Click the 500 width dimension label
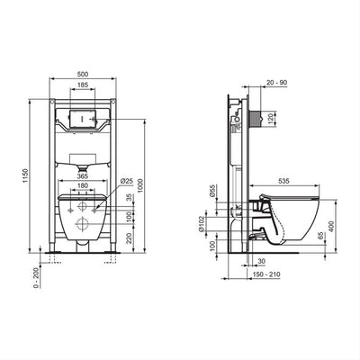pos(83,75)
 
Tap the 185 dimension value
pos(83,85)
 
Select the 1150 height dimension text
pos(25,176)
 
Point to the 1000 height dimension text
pos(140,185)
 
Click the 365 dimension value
pos(82,176)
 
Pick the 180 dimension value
pos(83,186)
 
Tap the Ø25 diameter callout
pos(127,181)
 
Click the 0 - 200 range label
pos(37,277)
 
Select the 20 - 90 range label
pos(277,83)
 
